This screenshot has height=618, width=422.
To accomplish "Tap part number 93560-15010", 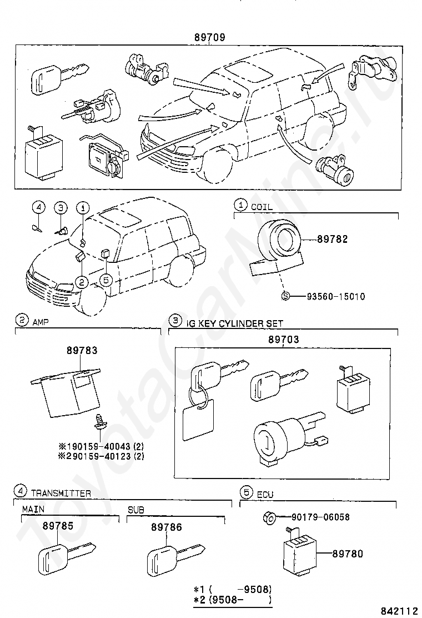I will coord(336,296).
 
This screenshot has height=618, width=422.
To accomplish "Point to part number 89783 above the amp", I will coord(82,351).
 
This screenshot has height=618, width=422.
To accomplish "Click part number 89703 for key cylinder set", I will coord(284,339).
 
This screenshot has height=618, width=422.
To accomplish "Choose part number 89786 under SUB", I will coord(166,527).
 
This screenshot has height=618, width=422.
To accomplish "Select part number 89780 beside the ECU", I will coord(348,554).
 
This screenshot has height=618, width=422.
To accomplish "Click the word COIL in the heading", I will coord(262,207).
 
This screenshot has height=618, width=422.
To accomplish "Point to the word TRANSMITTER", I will coord(61,493).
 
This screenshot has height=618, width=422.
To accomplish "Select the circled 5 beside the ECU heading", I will coord(245,492).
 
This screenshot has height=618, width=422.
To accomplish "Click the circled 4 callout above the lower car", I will coord(38,207).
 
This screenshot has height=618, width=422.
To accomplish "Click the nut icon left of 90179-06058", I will coord(267,517).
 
